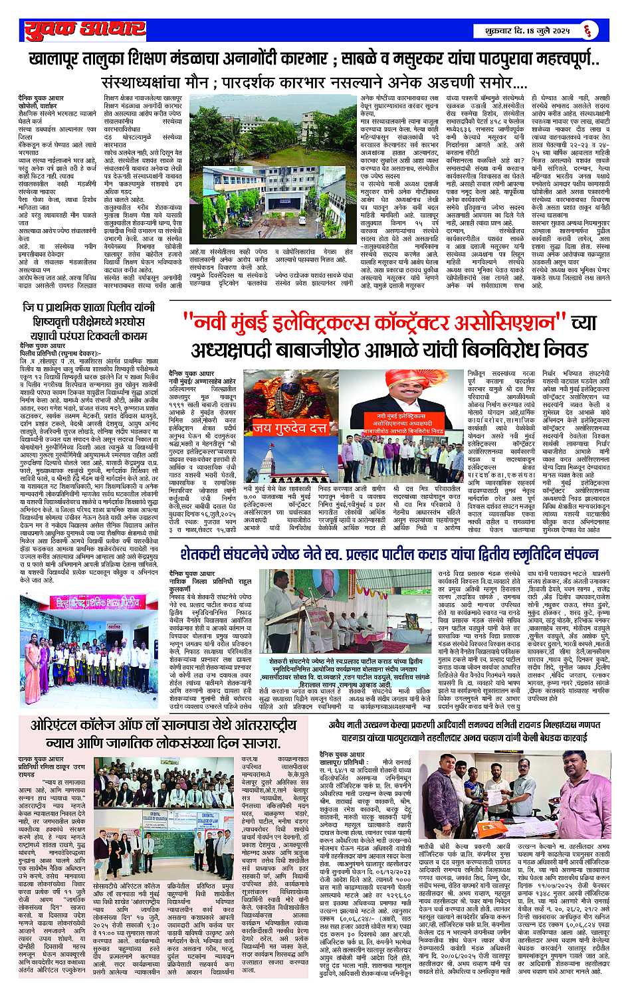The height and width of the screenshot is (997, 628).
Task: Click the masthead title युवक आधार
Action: [84, 29]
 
